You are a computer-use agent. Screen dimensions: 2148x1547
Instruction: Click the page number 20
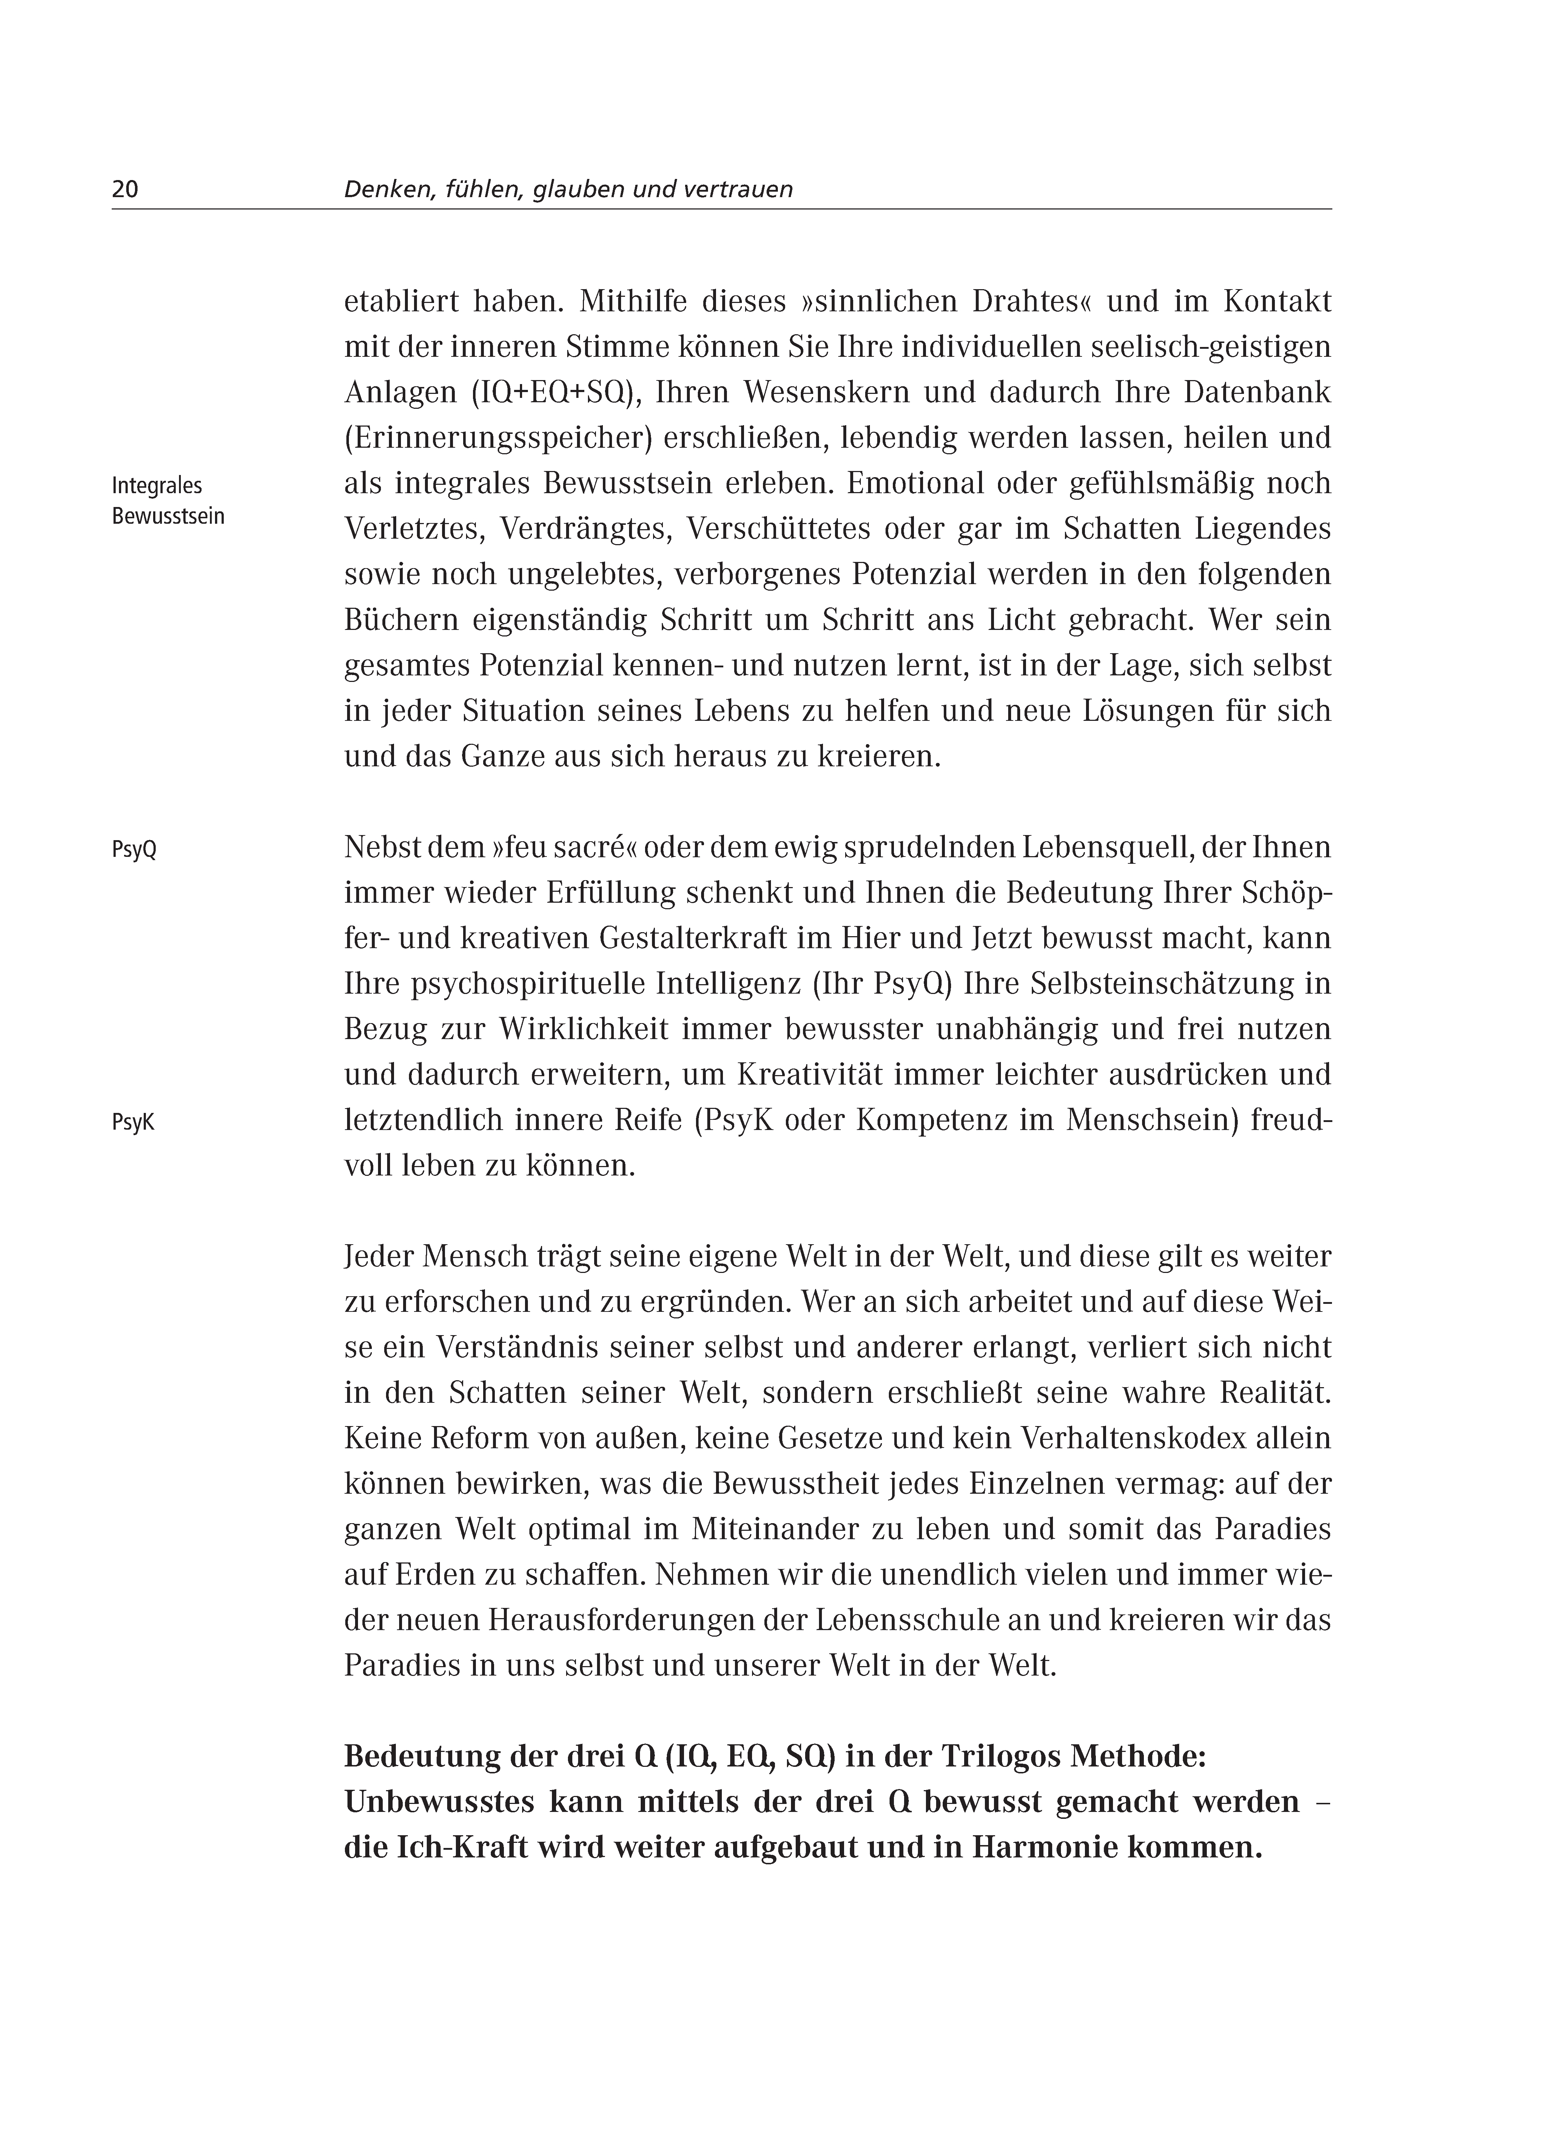(x=125, y=189)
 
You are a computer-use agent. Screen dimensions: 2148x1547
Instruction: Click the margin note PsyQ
(x=134, y=850)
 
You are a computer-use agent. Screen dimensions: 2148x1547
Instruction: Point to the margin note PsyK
(x=133, y=1122)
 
